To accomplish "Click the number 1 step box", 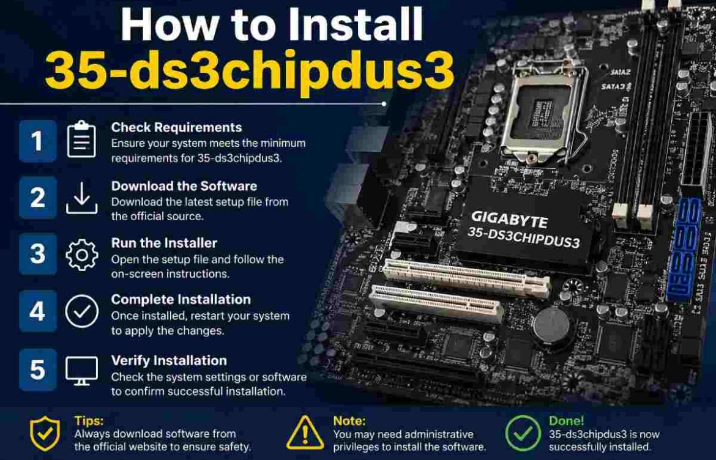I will click(x=37, y=141).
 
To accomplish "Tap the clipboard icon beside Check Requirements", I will click(x=81, y=140).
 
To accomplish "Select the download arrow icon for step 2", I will click(x=81, y=198).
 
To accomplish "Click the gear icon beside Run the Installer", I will click(x=81, y=254).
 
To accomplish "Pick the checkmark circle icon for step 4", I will click(x=81, y=311).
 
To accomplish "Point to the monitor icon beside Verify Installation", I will click(x=81, y=370).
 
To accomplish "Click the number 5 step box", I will click(x=37, y=370).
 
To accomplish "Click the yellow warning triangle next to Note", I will click(x=305, y=432).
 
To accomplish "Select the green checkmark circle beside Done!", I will click(x=522, y=432).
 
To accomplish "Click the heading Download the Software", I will click(x=184, y=186).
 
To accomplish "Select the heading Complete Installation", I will click(x=181, y=300).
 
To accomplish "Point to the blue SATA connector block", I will click(x=684, y=251).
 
